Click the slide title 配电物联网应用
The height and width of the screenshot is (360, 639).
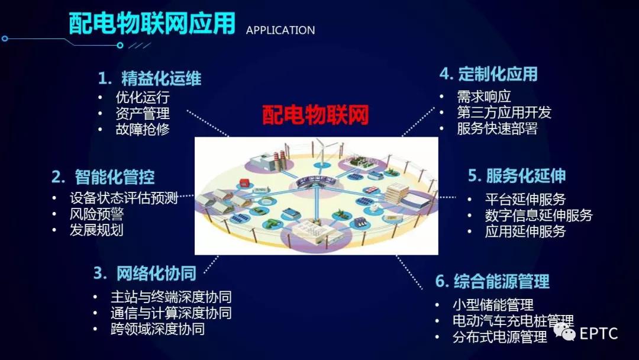(x=152, y=23)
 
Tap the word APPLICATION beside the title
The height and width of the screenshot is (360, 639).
(x=280, y=30)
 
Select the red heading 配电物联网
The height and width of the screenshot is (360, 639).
(x=315, y=114)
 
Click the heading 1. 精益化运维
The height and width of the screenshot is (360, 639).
(x=150, y=78)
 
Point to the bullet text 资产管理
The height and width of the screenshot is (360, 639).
(x=143, y=113)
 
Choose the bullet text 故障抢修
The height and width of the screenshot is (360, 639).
(x=143, y=129)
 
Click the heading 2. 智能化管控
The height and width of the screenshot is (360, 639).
(x=103, y=177)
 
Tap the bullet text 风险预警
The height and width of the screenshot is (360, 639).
(x=96, y=214)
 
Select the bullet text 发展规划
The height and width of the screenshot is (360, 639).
(x=96, y=230)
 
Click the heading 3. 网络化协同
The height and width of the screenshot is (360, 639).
(x=145, y=273)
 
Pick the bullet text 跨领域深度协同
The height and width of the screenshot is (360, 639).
(x=158, y=329)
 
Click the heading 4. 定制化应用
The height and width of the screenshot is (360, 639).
(x=489, y=74)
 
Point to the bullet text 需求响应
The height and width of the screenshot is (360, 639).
(x=484, y=97)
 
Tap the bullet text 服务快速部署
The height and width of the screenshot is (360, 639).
(x=497, y=128)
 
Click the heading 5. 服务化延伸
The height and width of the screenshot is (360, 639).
(x=517, y=176)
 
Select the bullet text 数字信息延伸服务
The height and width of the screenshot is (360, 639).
(x=539, y=216)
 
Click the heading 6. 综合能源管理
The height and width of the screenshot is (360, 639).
(x=492, y=281)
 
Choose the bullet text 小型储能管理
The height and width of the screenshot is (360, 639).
(x=493, y=304)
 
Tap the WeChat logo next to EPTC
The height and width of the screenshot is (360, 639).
(x=564, y=331)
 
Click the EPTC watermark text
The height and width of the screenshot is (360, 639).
(x=599, y=333)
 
